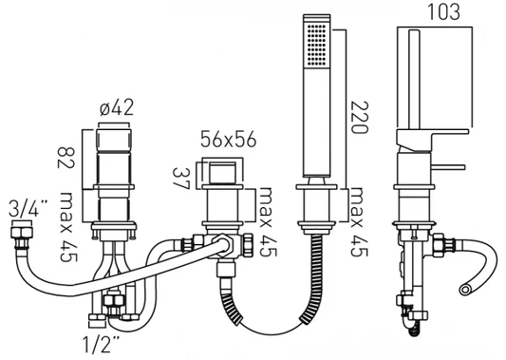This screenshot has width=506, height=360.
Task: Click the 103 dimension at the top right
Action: [443, 11]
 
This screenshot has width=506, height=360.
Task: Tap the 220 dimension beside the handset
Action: [359, 117]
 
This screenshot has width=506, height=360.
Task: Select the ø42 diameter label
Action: [116, 107]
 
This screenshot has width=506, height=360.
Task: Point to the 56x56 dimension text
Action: [228, 140]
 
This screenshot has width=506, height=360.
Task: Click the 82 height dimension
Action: [66, 158]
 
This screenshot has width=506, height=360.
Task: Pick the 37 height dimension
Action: [180, 179]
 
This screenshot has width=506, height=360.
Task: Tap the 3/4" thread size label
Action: [28, 208]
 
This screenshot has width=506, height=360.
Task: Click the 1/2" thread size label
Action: [101, 344]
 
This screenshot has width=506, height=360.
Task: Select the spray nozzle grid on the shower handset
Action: [317, 45]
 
